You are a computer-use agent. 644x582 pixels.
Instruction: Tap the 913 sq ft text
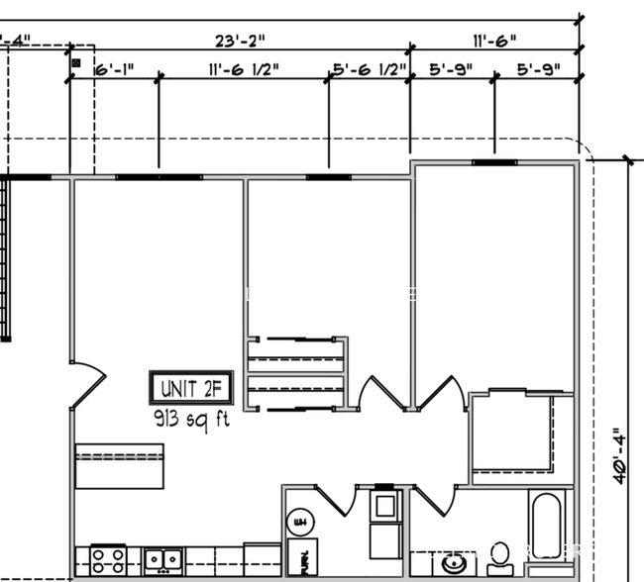pos(191,418)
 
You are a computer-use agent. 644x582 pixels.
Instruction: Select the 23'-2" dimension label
pos(240,41)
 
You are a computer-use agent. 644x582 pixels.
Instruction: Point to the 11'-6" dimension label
pos(493,41)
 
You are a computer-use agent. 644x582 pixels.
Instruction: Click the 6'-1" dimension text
pos(114,70)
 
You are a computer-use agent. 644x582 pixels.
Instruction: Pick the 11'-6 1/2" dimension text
pos(244,70)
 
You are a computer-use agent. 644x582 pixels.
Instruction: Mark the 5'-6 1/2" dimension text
pos(370,70)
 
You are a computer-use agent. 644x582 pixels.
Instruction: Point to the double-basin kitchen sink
pos(161,560)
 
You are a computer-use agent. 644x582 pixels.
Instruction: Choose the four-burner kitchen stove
pos(107,559)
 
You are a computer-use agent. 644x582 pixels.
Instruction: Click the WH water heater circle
pos(297,522)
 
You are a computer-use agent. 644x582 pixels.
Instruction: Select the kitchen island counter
pos(119,466)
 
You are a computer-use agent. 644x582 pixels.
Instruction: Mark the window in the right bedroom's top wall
pos(492,161)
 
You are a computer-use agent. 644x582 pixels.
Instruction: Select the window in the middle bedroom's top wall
pos(328,178)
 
